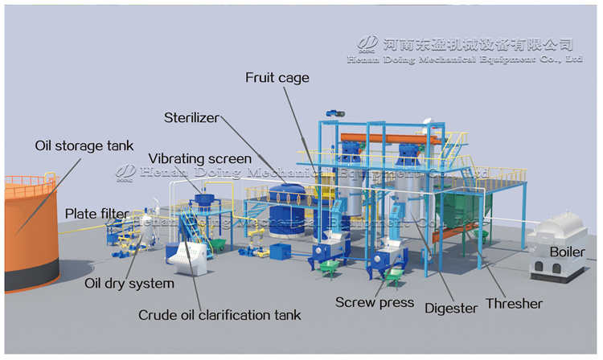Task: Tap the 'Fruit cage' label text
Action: pyautogui.click(x=277, y=78)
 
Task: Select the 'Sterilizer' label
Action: pyautogui.click(x=191, y=117)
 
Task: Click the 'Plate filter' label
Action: pyautogui.click(x=95, y=214)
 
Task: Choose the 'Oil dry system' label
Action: pyautogui.click(x=129, y=283)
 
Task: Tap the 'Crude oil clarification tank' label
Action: pyautogui.click(x=219, y=314)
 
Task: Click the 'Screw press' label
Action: pyautogui.click(x=375, y=302)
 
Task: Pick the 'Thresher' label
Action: pyautogui.click(x=514, y=304)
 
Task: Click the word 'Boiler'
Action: pyautogui.click(x=567, y=252)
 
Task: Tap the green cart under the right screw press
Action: pyautogui.click(x=393, y=277)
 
